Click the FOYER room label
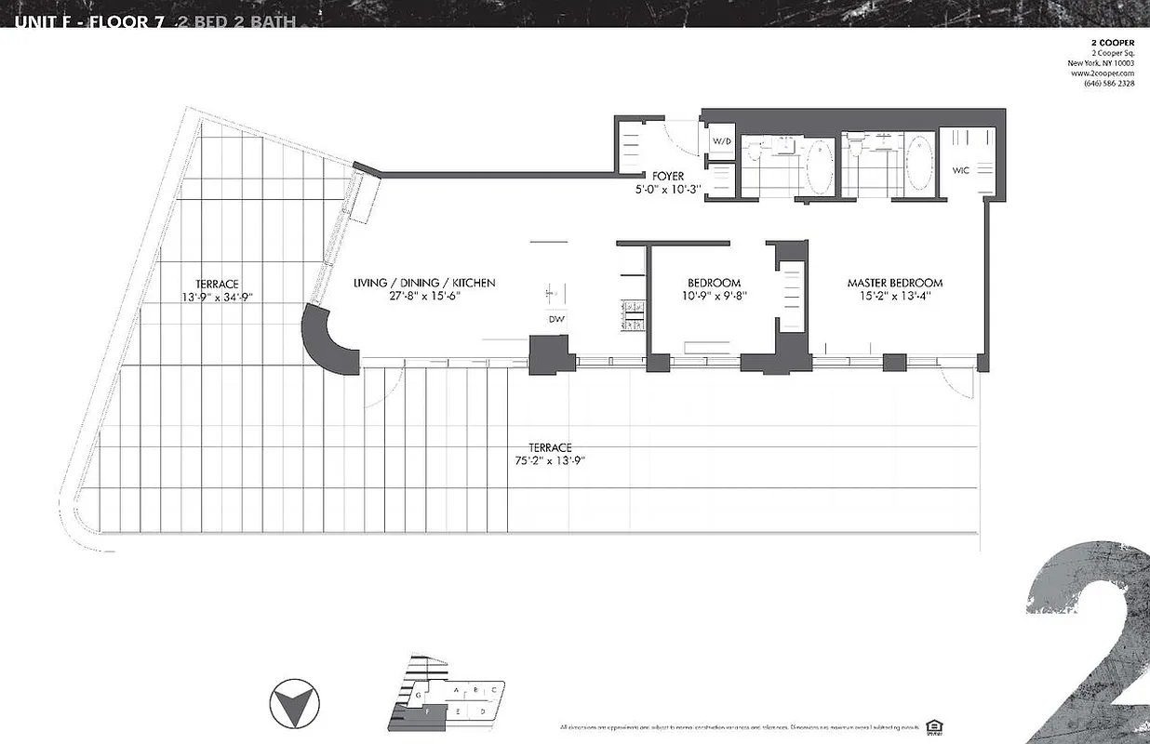click(668, 176)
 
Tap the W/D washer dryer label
click(722, 141)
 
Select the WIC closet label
click(961, 171)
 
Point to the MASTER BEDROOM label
click(894, 283)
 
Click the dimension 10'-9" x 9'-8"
click(714, 297)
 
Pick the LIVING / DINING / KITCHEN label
click(424, 283)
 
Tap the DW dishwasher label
click(557, 320)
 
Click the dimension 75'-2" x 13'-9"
click(549, 460)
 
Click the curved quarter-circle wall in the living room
click(329, 340)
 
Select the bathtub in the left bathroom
click(819, 165)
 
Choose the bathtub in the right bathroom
click(918, 164)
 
